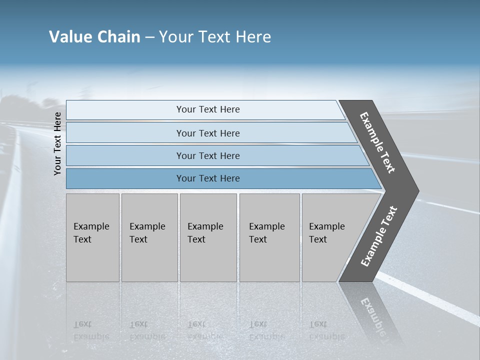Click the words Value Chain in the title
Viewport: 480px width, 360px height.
[94, 37]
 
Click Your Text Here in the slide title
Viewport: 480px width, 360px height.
[215, 37]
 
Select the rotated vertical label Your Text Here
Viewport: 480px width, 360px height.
[57, 143]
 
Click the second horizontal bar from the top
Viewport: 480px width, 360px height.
[208, 133]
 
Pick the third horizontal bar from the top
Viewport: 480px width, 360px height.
[208, 155]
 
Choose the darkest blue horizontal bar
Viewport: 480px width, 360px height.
[208, 178]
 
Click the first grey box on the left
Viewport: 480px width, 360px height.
[92, 237]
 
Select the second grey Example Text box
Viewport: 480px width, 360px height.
[149, 237]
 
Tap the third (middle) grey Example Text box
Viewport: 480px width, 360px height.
[208, 237]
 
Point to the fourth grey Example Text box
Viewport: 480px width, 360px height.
[269, 237]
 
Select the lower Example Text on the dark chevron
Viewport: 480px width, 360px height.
[379, 236]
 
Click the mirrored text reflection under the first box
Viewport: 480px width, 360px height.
[91, 330]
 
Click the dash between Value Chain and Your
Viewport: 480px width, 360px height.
[149, 37]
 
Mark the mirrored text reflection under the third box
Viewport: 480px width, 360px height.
[205, 330]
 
